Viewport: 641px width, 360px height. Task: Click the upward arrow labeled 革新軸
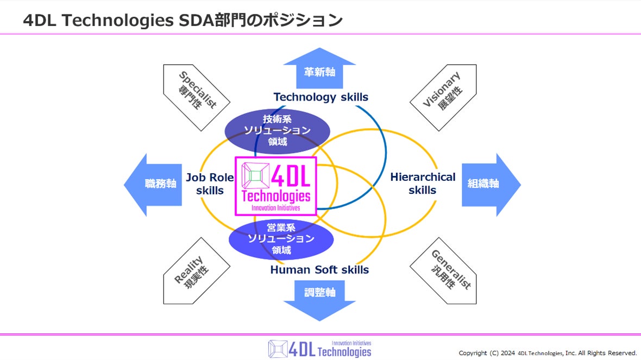[319, 70]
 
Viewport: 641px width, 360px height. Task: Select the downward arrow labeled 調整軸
[319, 297]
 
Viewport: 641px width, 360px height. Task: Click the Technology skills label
[320, 97]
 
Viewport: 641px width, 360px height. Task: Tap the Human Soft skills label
[319, 270]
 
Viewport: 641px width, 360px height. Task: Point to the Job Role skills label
[210, 184]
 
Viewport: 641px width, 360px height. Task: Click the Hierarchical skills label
[423, 184]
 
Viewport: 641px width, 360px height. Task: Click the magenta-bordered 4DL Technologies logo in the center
[276, 186]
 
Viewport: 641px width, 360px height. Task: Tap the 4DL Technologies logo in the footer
[319, 349]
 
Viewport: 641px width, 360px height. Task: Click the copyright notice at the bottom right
[548, 353]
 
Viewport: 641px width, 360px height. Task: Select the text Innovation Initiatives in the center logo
[276, 208]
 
